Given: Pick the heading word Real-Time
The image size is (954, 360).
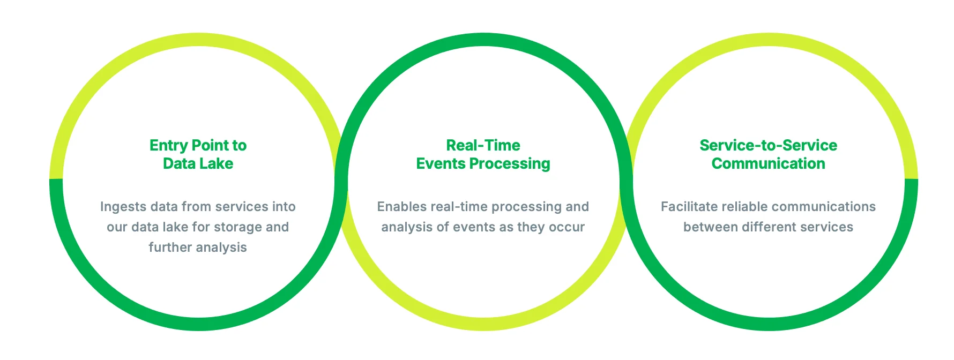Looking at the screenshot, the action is (483, 145).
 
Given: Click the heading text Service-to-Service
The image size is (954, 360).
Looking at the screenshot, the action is (768, 145).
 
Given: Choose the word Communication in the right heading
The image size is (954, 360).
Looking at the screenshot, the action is (768, 163).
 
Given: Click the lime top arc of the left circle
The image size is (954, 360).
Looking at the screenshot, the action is (198, 40).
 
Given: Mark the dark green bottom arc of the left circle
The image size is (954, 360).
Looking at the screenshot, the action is (198, 324).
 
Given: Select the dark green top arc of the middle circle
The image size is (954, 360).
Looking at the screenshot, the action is (483, 40).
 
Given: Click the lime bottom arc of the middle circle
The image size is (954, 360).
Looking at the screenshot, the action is (483, 324).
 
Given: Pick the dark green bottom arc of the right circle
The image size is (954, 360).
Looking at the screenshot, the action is (769, 324).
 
